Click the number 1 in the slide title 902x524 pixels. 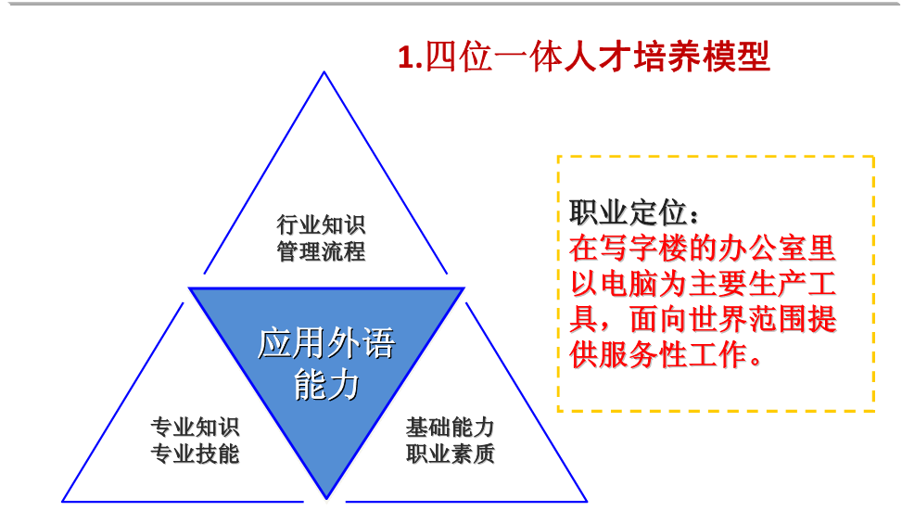click(405, 58)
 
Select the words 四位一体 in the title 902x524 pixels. click(493, 57)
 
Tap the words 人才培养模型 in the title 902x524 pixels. click(667, 57)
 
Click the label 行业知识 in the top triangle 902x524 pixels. click(321, 224)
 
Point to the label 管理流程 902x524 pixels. click(321, 251)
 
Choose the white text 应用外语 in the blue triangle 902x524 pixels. click(326, 343)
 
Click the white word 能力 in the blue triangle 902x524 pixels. click(326, 385)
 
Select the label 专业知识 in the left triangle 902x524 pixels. click(195, 428)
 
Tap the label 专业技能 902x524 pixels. click(195, 454)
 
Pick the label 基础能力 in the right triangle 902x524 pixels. click(450, 428)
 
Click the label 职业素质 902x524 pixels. click(450, 454)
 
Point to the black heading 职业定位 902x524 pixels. click(628, 212)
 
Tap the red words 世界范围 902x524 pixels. click(747, 319)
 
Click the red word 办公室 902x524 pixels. click(762, 249)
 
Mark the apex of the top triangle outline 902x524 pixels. click(324, 72)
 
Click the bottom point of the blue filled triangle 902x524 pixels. click(326, 498)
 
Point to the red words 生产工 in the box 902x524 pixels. click(792, 284)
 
